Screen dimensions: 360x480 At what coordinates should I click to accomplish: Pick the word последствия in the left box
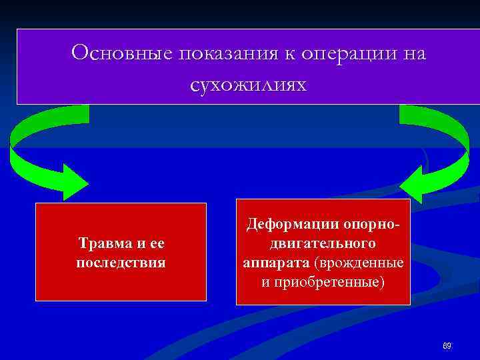coord(121,261)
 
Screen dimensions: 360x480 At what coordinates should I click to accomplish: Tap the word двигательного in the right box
coord(323,244)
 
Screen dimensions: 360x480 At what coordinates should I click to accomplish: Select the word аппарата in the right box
coord(273,263)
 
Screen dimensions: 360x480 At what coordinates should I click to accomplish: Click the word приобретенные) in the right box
coord(329,281)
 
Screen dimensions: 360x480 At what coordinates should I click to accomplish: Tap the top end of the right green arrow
coord(413,113)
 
